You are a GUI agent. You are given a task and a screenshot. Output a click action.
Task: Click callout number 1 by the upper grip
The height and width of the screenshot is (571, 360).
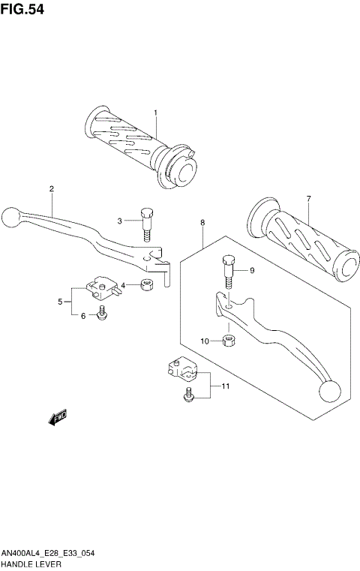pos(155,114)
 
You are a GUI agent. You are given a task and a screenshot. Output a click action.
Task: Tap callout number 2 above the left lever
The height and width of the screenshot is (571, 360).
pos(52,188)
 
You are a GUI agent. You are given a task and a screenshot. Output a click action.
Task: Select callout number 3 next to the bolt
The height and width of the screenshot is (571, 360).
pos(118,220)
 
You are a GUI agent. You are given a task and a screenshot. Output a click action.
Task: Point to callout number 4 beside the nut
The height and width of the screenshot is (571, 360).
pos(123,285)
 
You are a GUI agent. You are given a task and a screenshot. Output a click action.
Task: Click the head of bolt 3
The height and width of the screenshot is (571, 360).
pos(147,214)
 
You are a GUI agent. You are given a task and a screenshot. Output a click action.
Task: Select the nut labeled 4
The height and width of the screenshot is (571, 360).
pos(148,284)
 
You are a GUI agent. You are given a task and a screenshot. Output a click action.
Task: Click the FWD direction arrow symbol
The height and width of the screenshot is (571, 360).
pos(58,417)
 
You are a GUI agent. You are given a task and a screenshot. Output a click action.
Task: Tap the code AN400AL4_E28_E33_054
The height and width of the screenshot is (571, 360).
pos(46,551)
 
